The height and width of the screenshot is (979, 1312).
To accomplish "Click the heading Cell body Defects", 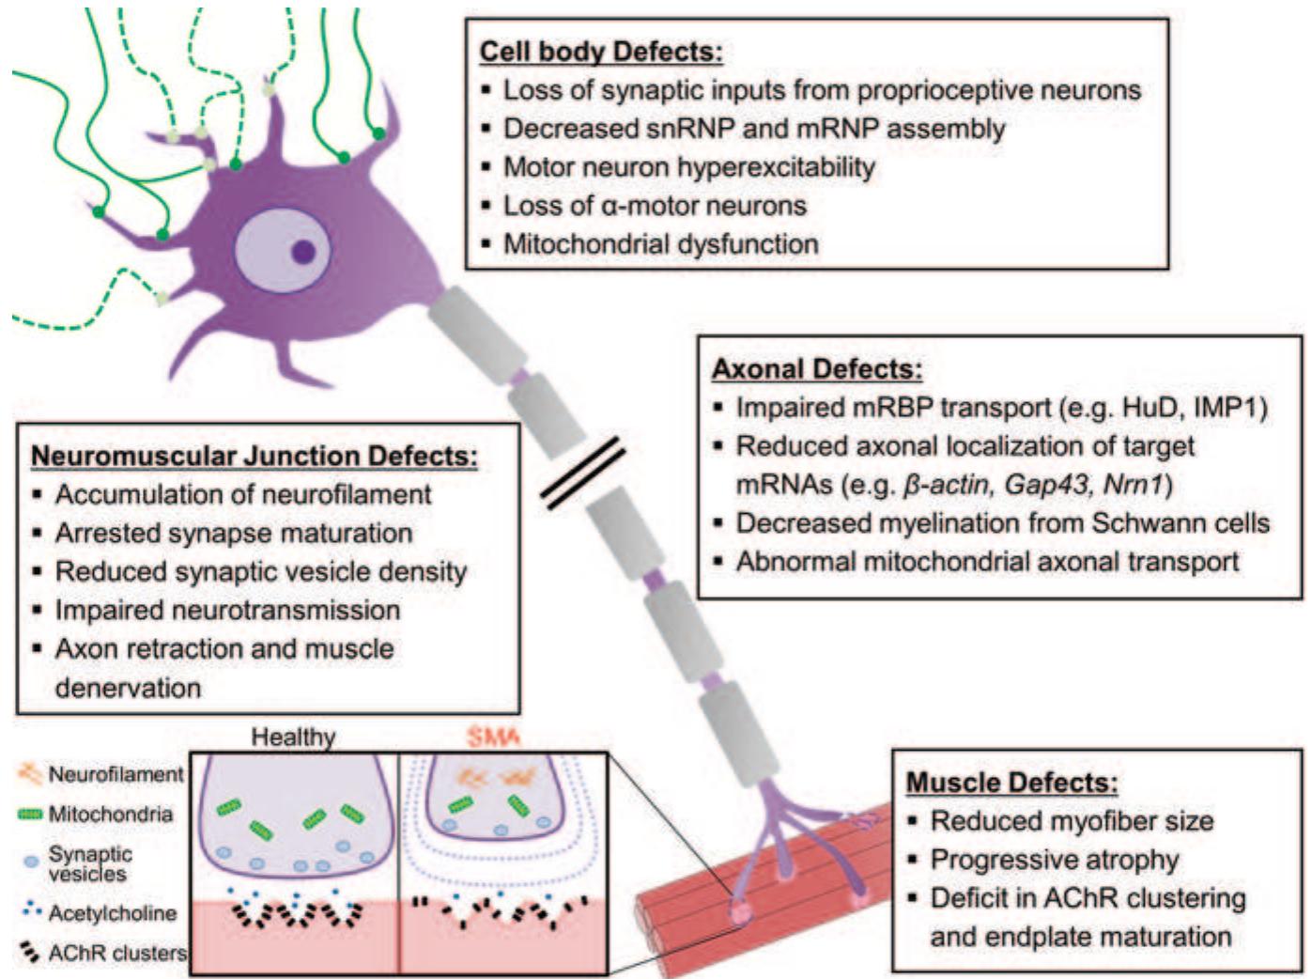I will pos(601,51).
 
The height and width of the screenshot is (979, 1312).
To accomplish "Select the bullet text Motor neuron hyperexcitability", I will pos(688,167).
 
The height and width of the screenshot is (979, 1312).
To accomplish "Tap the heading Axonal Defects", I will pos(816,368).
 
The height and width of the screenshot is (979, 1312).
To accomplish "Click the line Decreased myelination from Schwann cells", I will pos(1002,523).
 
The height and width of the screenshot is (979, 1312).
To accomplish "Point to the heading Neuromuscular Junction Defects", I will pos(255,456).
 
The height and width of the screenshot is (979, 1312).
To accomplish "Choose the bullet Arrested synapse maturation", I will pos(233,533).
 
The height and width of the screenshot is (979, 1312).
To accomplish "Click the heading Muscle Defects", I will pos(1011,783).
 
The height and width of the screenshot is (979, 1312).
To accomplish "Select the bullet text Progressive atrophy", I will pos(1054,860).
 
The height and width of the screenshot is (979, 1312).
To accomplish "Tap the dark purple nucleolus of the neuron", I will pos(302,252).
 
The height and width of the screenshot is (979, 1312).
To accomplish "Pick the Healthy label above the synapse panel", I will pos(293,737).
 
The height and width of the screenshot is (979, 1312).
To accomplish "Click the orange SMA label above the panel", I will pos(492,737).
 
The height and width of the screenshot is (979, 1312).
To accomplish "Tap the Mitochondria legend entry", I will pos(110,814).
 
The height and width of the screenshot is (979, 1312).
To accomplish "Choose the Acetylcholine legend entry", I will pos(112,912).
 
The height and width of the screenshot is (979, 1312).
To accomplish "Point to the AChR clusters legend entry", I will pos(116,953).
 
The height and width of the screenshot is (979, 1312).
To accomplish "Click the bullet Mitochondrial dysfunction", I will pos(660,244).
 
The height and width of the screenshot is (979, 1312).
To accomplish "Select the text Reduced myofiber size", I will pos(1071,821).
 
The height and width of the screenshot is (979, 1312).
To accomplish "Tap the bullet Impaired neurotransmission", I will pos(227,610).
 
